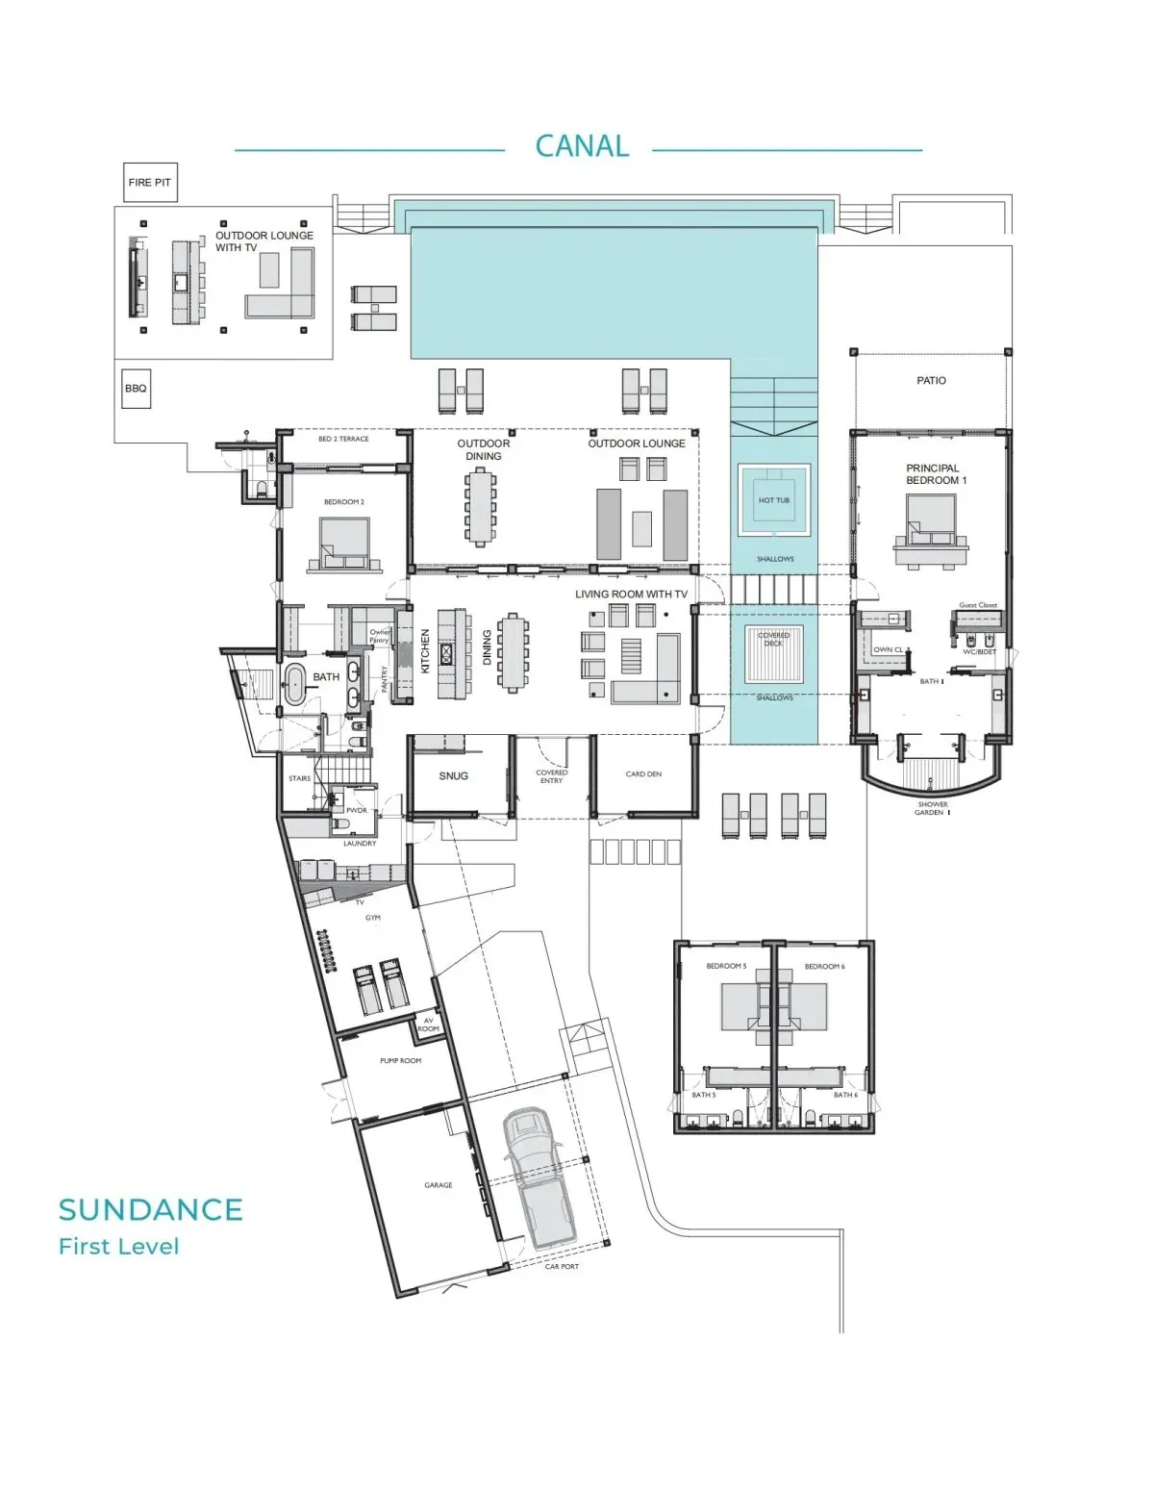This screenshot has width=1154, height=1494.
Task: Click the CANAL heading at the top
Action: [582, 146]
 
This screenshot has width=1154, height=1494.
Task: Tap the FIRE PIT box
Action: [150, 183]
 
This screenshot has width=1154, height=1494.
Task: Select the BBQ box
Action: [136, 389]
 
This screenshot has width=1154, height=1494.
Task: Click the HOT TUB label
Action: [773, 500]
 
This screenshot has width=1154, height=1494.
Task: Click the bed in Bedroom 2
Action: [343, 544]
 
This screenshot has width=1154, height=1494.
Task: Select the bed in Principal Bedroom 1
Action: [931, 523]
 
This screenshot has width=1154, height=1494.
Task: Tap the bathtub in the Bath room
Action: [294, 685]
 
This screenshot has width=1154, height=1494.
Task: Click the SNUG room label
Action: [453, 775]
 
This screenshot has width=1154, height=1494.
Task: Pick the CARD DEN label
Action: [643, 773]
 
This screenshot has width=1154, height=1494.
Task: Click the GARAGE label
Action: [439, 1185]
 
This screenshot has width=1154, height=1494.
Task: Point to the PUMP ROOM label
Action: [400, 1060]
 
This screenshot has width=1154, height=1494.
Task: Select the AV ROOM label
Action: [428, 1025]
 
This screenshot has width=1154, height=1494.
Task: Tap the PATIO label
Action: [931, 381]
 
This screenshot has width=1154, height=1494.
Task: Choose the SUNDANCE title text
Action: [150, 1209]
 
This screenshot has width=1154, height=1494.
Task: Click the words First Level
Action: [118, 1247]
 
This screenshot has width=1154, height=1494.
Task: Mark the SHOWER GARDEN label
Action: [932, 808]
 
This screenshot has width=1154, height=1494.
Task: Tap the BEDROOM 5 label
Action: [726, 966]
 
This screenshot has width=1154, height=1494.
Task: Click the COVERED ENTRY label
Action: [551, 776]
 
